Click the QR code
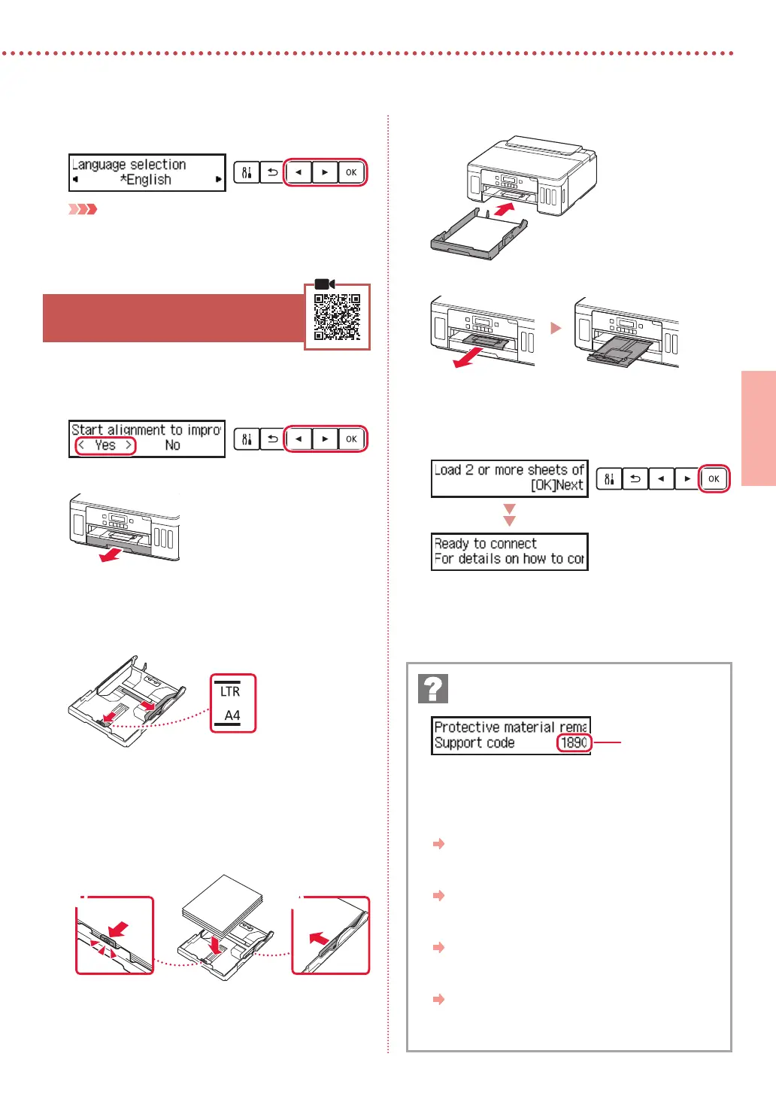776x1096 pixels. pyautogui.click(x=337, y=317)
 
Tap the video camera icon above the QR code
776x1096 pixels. pyautogui.click(x=325, y=284)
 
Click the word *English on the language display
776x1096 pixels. pyautogui.click(x=146, y=180)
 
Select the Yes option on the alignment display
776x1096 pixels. pyautogui.click(x=105, y=445)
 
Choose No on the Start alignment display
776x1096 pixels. pyautogui.click(x=172, y=445)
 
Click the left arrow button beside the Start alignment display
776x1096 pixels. pyautogui.click(x=299, y=439)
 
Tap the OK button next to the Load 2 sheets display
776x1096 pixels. pyautogui.click(x=714, y=478)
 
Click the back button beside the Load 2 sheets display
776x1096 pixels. pyautogui.click(x=635, y=478)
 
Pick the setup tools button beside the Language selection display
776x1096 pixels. pyautogui.click(x=247, y=172)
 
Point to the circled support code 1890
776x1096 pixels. pyautogui.click(x=574, y=743)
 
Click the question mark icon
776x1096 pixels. pyautogui.click(x=433, y=688)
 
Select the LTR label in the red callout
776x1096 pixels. pyautogui.click(x=230, y=691)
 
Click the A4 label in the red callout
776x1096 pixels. pyautogui.click(x=232, y=715)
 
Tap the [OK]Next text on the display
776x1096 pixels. pyautogui.click(x=556, y=485)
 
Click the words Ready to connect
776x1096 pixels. pyautogui.click(x=486, y=543)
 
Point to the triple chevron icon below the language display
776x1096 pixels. pyautogui.click(x=83, y=209)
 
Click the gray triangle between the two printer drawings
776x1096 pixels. pyautogui.click(x=556, y=328)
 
